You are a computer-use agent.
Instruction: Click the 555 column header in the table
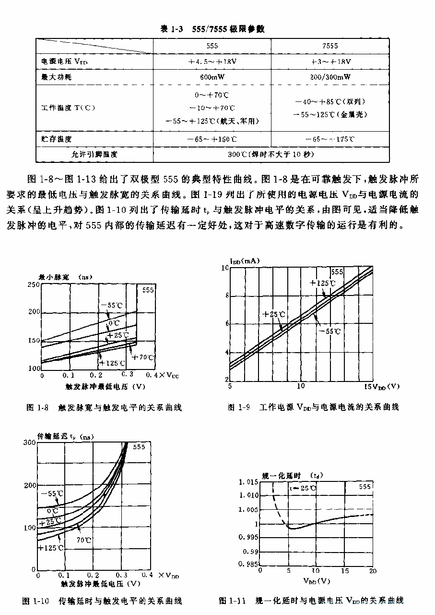(212, 46)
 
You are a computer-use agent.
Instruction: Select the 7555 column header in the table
(329, 46)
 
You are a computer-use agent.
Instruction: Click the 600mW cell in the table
(212, 77)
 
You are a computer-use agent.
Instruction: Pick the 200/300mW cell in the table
(330, 77)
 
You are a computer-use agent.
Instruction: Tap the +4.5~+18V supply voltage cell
(212, 61)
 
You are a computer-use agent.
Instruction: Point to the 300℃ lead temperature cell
(271, 154)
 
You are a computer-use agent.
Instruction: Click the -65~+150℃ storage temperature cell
(212, 139)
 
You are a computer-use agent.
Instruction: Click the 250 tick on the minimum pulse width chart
(34, 285)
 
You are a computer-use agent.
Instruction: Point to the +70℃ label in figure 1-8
(143, 357)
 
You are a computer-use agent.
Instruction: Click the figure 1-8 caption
(104, 407)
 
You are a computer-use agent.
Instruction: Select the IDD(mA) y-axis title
(245, 261)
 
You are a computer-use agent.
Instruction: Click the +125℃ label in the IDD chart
(323, 283)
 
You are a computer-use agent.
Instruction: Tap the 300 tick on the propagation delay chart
(30, 442)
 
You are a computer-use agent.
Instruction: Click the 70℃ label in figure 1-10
(84, 540)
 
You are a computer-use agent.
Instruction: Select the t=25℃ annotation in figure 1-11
(303, 488)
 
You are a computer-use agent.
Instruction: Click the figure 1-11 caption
(311, 601)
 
